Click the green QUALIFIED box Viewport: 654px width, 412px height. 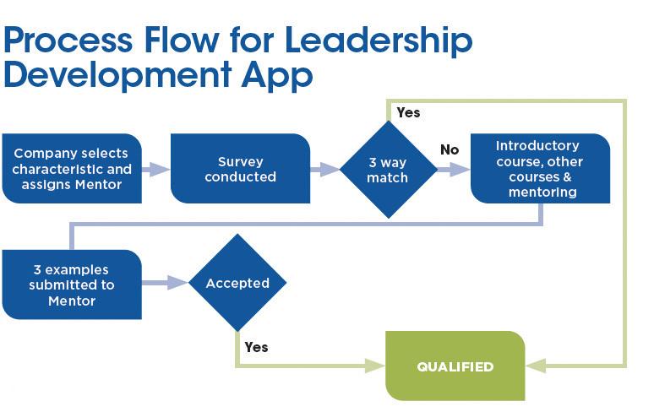(x=455, y=366)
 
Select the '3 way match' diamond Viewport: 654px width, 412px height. (x=388, y=170)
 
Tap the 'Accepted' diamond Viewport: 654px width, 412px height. (x=237, y=283)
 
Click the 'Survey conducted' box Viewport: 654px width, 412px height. (x=240, y=169)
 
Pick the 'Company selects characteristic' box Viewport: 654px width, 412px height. (x=71, y=169)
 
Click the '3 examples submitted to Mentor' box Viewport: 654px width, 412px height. (x=71, y=285)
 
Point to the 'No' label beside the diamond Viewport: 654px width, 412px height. (x=450, y=149)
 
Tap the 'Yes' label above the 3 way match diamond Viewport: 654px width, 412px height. (x=408, y=112)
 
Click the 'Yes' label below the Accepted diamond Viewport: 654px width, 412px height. (x=256, y=346)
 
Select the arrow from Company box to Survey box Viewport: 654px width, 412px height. (x=156, y=169)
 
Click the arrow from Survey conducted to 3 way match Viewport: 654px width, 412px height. (x=325, y=169)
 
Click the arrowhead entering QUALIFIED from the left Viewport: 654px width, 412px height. (x=377, y=366)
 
